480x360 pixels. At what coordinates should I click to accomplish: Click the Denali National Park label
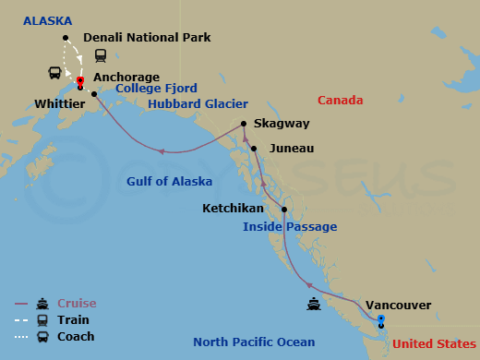pos(147,38)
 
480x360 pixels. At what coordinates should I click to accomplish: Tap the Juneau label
pos(291,148)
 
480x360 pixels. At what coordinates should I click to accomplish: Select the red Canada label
pos(340,100)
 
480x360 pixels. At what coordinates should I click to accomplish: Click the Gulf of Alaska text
pos(169,181)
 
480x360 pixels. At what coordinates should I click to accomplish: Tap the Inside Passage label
pos(290,227)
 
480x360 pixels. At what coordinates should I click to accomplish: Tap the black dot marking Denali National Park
pos(66,38)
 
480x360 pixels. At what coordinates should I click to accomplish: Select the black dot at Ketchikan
pos(283,210)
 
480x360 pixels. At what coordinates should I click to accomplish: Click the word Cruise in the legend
pos(77,303)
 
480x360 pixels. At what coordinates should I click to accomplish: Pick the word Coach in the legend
pos(76,336)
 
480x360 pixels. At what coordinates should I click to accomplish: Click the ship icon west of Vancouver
pos(315,304)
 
